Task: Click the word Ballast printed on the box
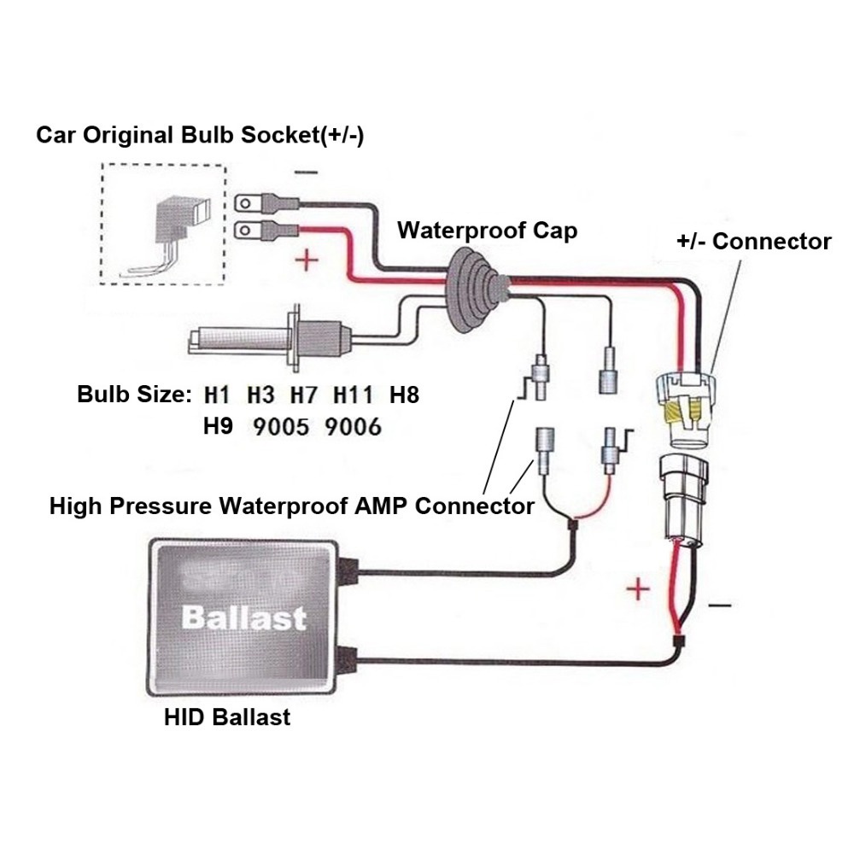(243, 617)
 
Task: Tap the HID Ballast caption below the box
(227, 717)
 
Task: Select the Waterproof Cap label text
(487, 231)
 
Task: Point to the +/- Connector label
(753, 242)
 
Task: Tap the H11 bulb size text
(354, 395)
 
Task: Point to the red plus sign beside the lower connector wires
(635, 588)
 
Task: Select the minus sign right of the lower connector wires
(720, 605)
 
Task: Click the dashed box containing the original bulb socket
(162, 225)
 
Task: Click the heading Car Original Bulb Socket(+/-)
(200, 136)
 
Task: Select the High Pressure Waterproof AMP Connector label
(291, 506)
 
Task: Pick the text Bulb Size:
(132, 395)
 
